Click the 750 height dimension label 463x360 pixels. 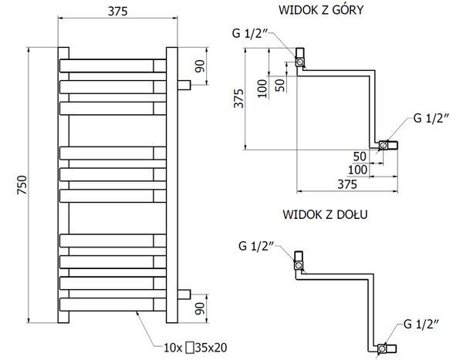[22, 185]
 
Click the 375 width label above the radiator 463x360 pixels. [118, 12]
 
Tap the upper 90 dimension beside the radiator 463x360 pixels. [200, 66]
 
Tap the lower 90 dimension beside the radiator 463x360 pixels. [200, 308]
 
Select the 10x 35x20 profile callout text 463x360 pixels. [195, 348]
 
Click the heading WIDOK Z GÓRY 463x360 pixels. [321, 10]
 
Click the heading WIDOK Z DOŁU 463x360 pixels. [325, 214]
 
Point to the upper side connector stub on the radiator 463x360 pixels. [184, 86]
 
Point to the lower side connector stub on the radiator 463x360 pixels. [184, 294]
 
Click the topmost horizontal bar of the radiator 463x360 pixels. [113, 66]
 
